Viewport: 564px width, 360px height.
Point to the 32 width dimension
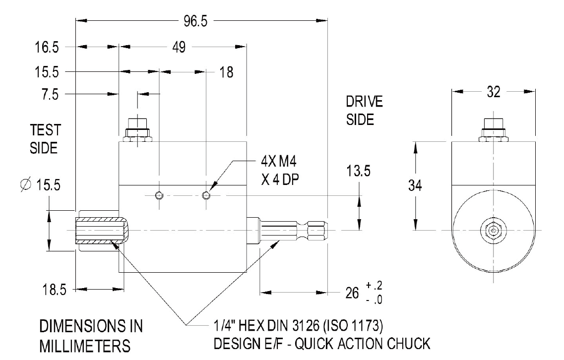(x=494, y=92)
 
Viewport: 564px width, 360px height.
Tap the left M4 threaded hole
(x=159, y=195)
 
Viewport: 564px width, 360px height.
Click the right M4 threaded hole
(x=206, y=195)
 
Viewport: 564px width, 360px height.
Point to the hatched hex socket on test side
(x=99, y=231)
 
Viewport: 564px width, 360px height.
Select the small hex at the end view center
(x=493, y=231)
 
